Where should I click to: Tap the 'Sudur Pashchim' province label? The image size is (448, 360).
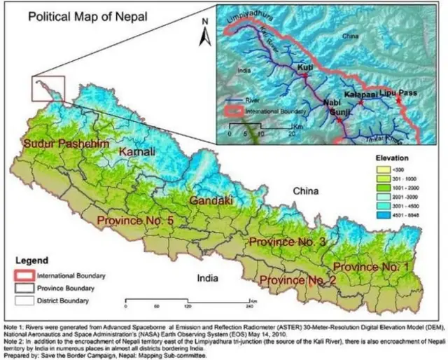pyautogui.click(x=66, y=144)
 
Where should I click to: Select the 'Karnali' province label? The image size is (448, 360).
pyautogui.click(x=137, y=152)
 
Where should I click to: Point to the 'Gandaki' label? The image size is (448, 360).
pyautogui.click(x=209, y=201)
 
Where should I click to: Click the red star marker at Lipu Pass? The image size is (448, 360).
pyautogui.click(x=398, y=101)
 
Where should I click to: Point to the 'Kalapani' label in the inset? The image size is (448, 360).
pyautogui.click(x=362, y=92)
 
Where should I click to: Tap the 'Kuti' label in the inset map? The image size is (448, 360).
pyautogui.click(x=305, y=67)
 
